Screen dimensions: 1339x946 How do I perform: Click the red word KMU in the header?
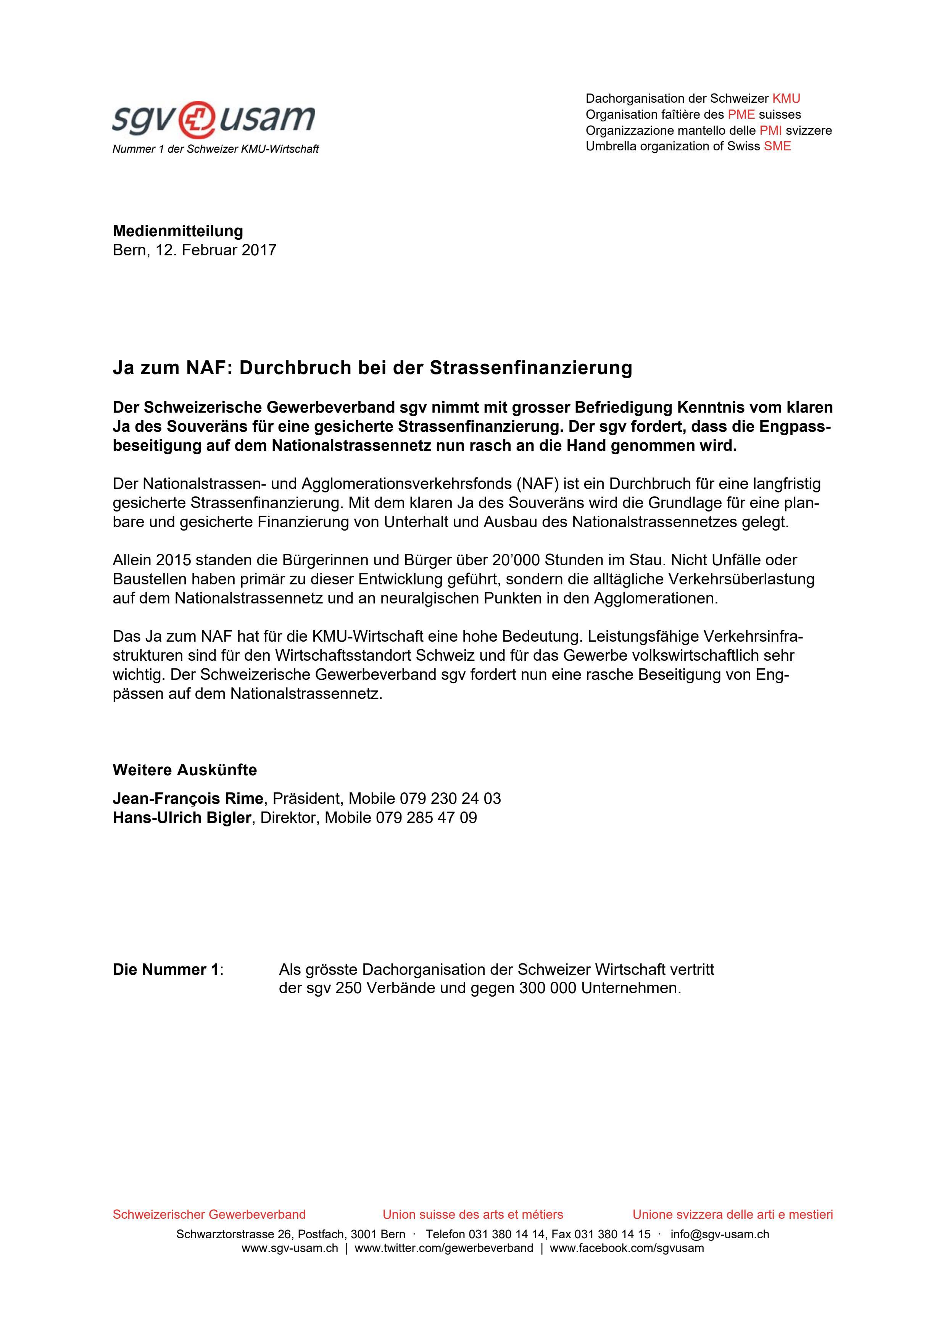786,98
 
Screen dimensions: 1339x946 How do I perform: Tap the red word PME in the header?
741,114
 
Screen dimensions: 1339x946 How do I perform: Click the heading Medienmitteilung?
178,231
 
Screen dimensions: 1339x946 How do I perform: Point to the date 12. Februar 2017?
216,250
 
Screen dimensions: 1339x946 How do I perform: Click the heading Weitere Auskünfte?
184,770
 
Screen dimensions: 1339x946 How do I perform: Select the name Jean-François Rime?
188,799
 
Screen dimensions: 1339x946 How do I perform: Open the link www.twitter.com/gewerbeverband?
443,1248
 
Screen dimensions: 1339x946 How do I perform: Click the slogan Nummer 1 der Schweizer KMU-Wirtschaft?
215,149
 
